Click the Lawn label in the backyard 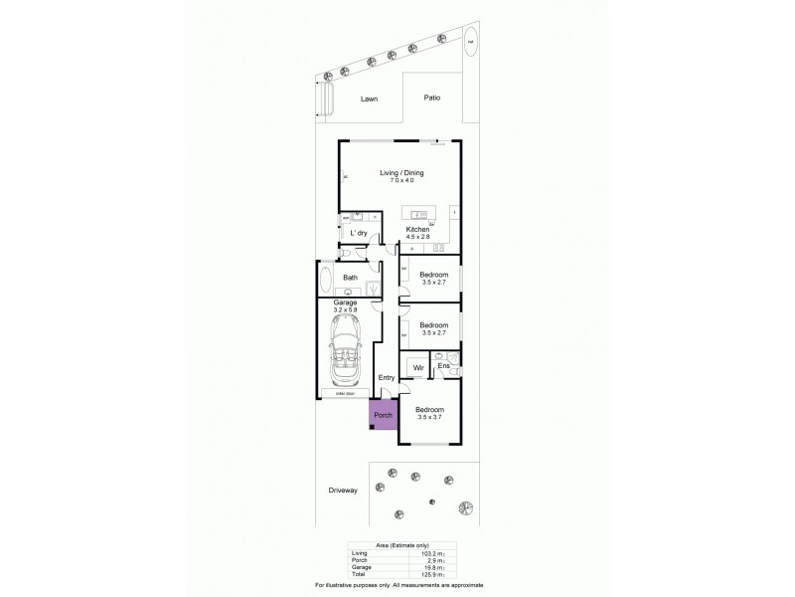pos(369,99)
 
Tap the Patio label pos(431,99)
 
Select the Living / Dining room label pos(401,172)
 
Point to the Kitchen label pos(417,230)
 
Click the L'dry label pos(359,233)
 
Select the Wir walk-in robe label pos(418,369)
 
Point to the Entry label pos(388,377)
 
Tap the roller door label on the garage pos(345,396)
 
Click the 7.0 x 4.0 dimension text pos(401,180)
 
